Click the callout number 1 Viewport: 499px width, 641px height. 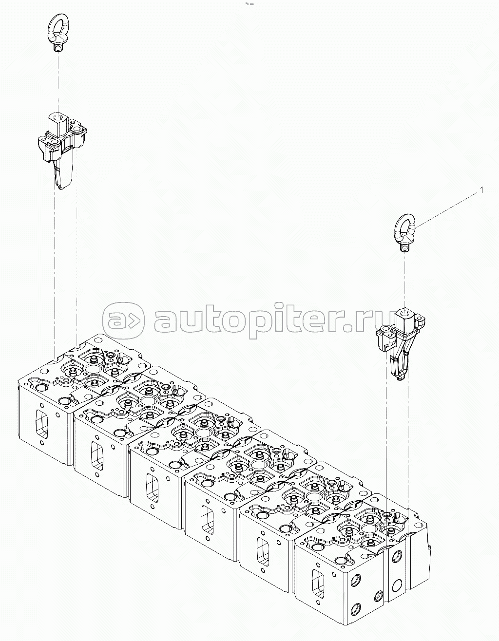(x=481, y=190)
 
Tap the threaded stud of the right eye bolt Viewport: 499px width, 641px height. (x=403, y=247)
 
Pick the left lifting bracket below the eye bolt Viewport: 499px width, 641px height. (x=61, y=149)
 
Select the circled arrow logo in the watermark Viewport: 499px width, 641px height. (x=123, y=320)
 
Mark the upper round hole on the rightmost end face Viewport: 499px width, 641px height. (x=396, y=555)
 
